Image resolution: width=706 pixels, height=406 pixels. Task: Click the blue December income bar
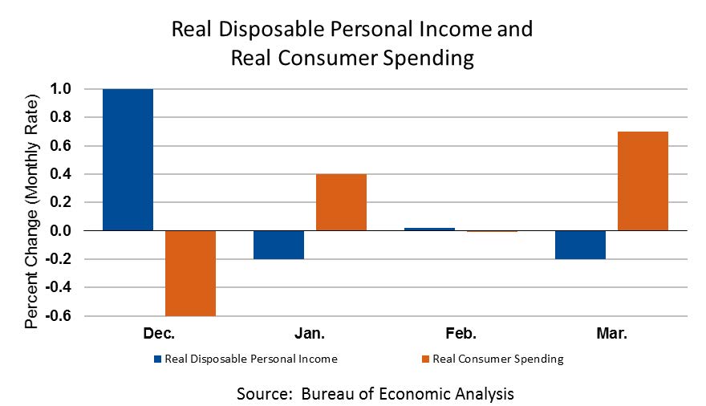128,160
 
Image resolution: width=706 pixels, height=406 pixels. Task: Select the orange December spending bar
190,273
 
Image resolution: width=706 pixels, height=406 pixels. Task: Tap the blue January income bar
278,245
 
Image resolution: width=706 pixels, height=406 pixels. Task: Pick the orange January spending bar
341,202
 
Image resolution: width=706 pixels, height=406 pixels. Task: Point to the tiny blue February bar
429,229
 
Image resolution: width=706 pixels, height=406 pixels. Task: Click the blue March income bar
580,245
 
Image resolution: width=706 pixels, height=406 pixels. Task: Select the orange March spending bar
643,181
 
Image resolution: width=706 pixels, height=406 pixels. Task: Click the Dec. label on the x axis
158,333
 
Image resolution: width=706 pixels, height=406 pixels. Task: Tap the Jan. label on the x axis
309,333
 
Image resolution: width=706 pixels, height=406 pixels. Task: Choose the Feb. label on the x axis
460,333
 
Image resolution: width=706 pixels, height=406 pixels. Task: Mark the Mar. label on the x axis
611,333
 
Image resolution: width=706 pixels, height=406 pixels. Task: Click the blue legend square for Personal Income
157,359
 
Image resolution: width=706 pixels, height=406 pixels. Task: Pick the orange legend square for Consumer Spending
425,359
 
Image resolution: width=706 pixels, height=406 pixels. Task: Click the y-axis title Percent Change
31,213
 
